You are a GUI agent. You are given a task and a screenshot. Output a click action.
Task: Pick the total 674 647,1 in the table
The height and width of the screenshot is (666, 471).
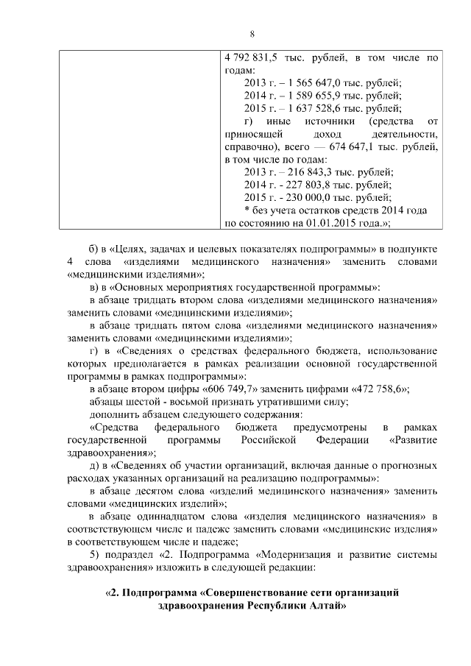(358, 146)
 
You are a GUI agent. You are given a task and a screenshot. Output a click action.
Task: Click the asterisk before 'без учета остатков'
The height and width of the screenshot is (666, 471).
(247, 210)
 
